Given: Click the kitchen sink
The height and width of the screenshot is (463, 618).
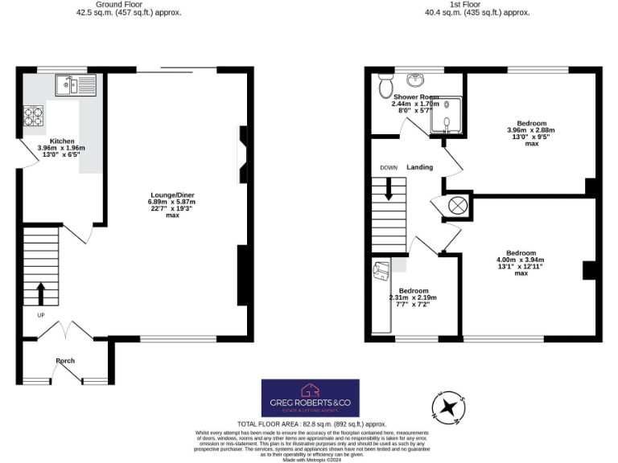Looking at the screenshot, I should click(x=75, y=84).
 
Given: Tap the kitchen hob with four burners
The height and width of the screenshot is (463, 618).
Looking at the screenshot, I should click(x=34, y=117).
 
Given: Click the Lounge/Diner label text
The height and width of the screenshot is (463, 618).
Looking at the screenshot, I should click(x=172, y=195).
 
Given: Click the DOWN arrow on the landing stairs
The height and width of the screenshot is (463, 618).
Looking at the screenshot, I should click(x=389, y=189).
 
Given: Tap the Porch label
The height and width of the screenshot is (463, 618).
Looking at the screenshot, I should click(x=65, y=361).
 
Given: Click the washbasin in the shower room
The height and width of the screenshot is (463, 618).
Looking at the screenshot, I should click(x=415, y=80).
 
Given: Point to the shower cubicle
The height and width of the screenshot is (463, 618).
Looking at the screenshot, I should click(x=446, y=116).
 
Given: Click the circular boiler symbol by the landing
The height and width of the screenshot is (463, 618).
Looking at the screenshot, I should click(x=457, y=205).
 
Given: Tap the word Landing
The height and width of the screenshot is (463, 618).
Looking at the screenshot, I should click(x=419, y=167).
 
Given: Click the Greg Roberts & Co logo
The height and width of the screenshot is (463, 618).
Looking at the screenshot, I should click(x=311, y=398).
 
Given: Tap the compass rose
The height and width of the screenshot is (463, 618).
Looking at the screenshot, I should click(x=448, y=406).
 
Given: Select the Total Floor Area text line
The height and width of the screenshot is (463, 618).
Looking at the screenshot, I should click(x=311, y=424).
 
